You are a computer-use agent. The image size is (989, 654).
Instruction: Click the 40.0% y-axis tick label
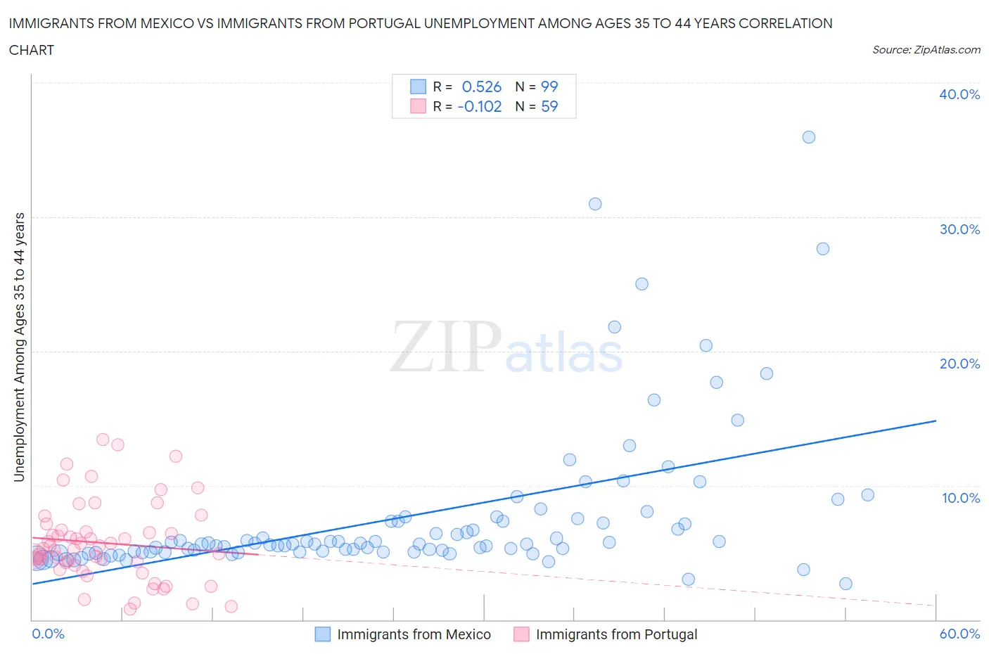pyautogui.click(x=959, y=94)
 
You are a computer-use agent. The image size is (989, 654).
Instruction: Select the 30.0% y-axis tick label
pyautogui.click(x=959, y=229)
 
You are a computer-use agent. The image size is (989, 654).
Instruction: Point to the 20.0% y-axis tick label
pyautogui.click(x=959, y=364)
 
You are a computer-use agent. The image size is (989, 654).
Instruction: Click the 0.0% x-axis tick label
pyautogui.click(x=48, y=634)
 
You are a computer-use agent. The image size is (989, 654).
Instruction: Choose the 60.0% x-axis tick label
pyautogui.click(x=959, y=634)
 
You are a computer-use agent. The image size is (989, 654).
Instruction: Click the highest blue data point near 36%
pyautogui.click(x=809, y=137)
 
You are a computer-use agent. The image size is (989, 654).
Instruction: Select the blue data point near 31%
pyautogui.click(x=595, y=204)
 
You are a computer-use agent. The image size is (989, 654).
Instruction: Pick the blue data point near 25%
pyautogui.click(x=642, y=284)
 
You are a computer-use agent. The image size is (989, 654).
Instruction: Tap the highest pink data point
pyautogui.click(x=103, y=440)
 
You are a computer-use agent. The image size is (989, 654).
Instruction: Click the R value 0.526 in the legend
pyautogui.click(x=481, y=86)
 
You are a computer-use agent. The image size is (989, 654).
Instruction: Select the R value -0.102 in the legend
pyautogui.click(x=479, y=106)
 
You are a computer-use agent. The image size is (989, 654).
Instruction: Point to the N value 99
pyautogui.click(x=549, y=86)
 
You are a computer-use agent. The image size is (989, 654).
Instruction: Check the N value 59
pyautogui.click(x=549, y=106)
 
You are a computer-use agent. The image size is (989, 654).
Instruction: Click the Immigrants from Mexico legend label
pyautogui.click(x=414, y=634)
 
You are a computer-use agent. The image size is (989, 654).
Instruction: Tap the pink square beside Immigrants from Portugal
pyautogui.click(x=521, y=634)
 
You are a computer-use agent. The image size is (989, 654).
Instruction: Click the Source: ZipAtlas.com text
pyautogui.click(x=926, y=49)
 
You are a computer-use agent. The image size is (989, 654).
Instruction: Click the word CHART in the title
pyautogui.click(x=32, y=50)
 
